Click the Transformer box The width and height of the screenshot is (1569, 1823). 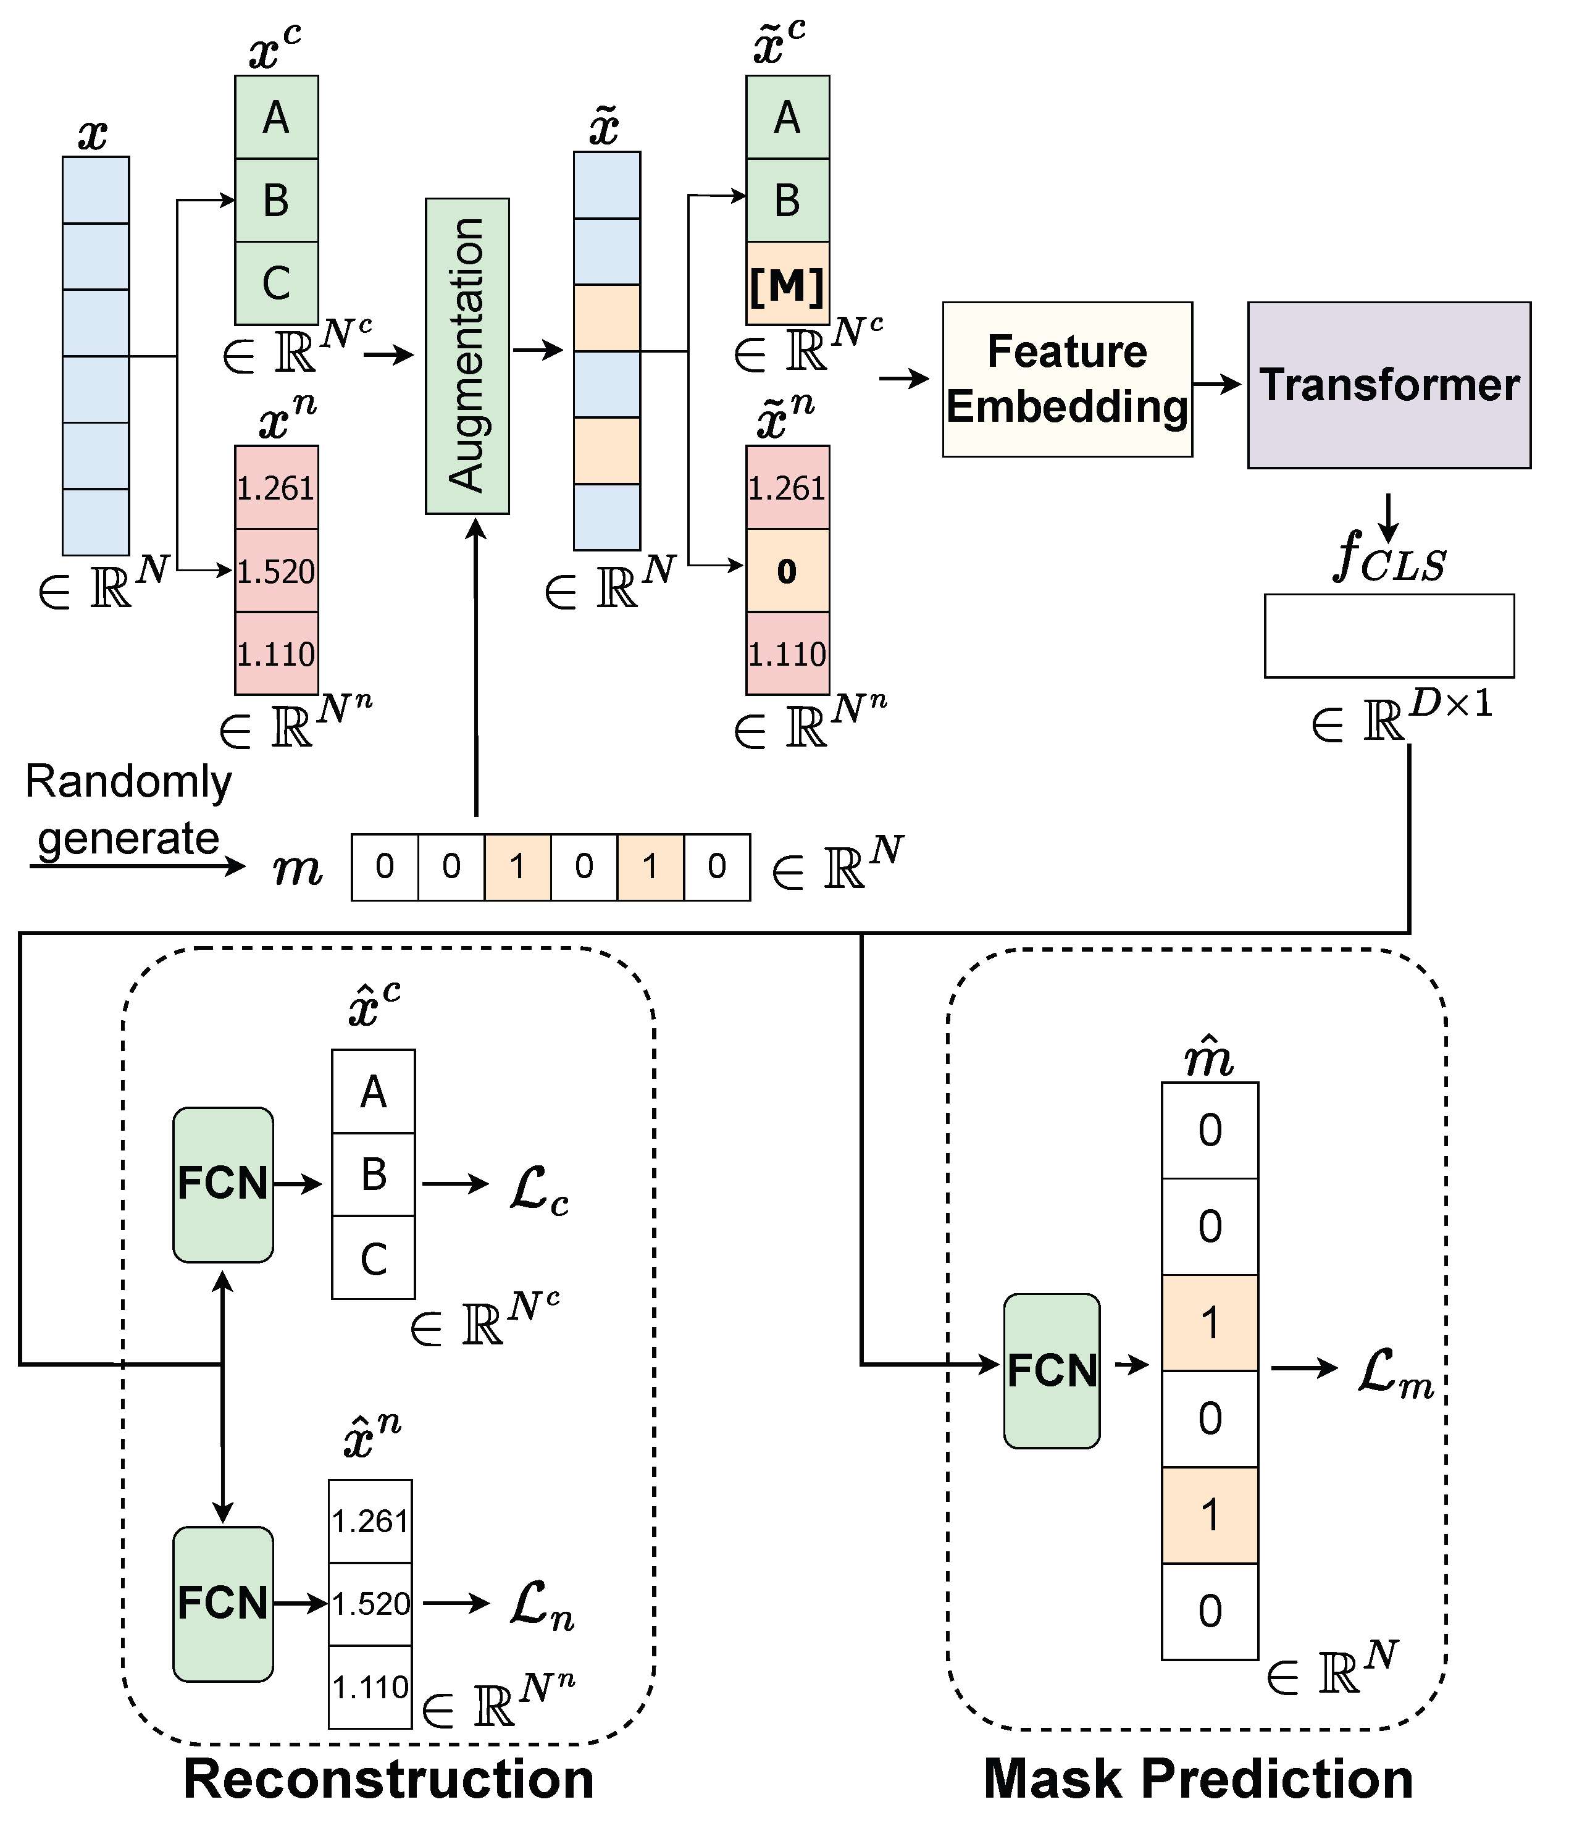[x=1388, y=385]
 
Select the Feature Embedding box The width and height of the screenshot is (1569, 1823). [x=1067, y=379]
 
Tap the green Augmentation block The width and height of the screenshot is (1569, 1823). [x=467, y=356]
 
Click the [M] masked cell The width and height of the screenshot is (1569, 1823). [x=787, y=283]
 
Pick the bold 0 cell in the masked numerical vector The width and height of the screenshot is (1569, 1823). [x=787, y=571]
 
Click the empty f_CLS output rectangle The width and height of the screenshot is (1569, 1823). [x=1388, y=636]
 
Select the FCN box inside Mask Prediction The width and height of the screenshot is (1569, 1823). [x=1051, y=1370]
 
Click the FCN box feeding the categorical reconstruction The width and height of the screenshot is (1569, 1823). [x=222, y=1184]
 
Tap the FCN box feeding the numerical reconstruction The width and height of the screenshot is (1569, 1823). [x=222, y=1603]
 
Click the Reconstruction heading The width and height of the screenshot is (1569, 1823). [x=388, y=1778]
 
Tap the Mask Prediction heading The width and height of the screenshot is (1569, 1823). [x=1197, y=1778]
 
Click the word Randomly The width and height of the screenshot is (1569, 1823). [x=128, y=781]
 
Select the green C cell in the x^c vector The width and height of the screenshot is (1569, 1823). [x=276, y=283]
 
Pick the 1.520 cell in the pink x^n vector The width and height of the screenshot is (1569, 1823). [x=276, y=571]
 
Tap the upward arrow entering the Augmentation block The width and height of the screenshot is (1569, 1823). [x=476, y=669]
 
